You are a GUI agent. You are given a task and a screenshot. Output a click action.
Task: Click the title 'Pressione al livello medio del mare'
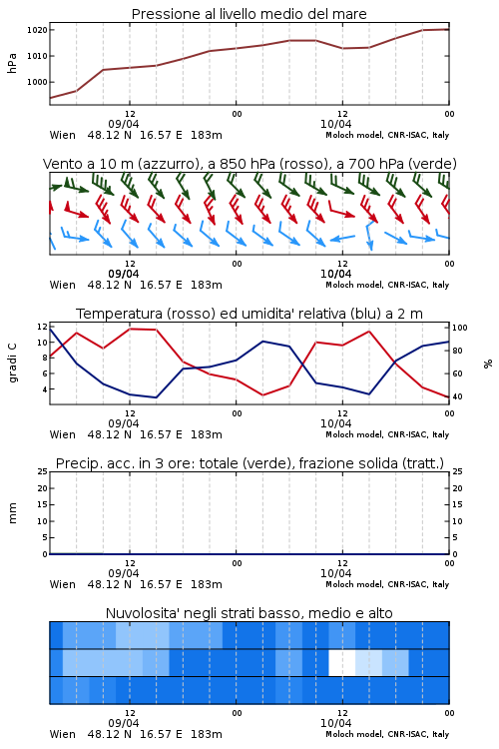pyautogui.click(x=249, y=14)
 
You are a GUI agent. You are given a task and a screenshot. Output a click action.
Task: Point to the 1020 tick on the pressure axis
pyautogui.click(x=37, y=30)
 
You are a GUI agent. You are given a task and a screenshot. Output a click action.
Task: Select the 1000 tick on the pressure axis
pyautogui.click(x=37, y=82)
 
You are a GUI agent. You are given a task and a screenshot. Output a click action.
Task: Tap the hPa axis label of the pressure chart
pyautogui.click(x=12, y=63)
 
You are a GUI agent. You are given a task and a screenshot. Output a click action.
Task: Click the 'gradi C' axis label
pyautogui.click(x=13, y=363)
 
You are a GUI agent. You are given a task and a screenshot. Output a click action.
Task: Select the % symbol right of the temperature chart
pyautogui.click(x=488, y=364)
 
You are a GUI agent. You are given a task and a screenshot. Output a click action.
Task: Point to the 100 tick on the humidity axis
pyautogui.click(x=460, y=328)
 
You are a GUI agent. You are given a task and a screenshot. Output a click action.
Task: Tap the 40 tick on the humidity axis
pyautogui.click(x=457, y=396)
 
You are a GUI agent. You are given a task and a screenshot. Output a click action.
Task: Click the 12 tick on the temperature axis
pyautogui.click(x=42, y=327)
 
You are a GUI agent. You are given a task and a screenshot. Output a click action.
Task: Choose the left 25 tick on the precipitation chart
pyautogui.click(x=43, y=471)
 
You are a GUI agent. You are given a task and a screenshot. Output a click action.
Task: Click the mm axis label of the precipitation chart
pyautogui.click(x=12, y=512)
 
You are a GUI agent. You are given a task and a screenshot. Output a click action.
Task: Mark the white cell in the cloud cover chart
pyautogui.click(x=342, y=662)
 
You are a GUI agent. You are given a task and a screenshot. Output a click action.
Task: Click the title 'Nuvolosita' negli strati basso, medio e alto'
pyautogui.click(x=249, y=613)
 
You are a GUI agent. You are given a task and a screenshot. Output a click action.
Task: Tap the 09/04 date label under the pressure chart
pyautogui.click(x=123, y=124)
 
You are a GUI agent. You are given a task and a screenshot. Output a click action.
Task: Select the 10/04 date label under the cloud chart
pyautogui.click(x=335, y=723)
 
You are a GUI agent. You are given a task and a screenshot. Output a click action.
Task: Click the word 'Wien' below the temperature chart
pyautogui.click(x=63, y=434)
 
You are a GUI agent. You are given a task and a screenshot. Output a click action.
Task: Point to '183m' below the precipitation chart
pyautogui.click(x=207, y=584)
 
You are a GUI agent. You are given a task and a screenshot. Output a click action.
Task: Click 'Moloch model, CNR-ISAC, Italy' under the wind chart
pyautogui.click(x=387, y=285)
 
